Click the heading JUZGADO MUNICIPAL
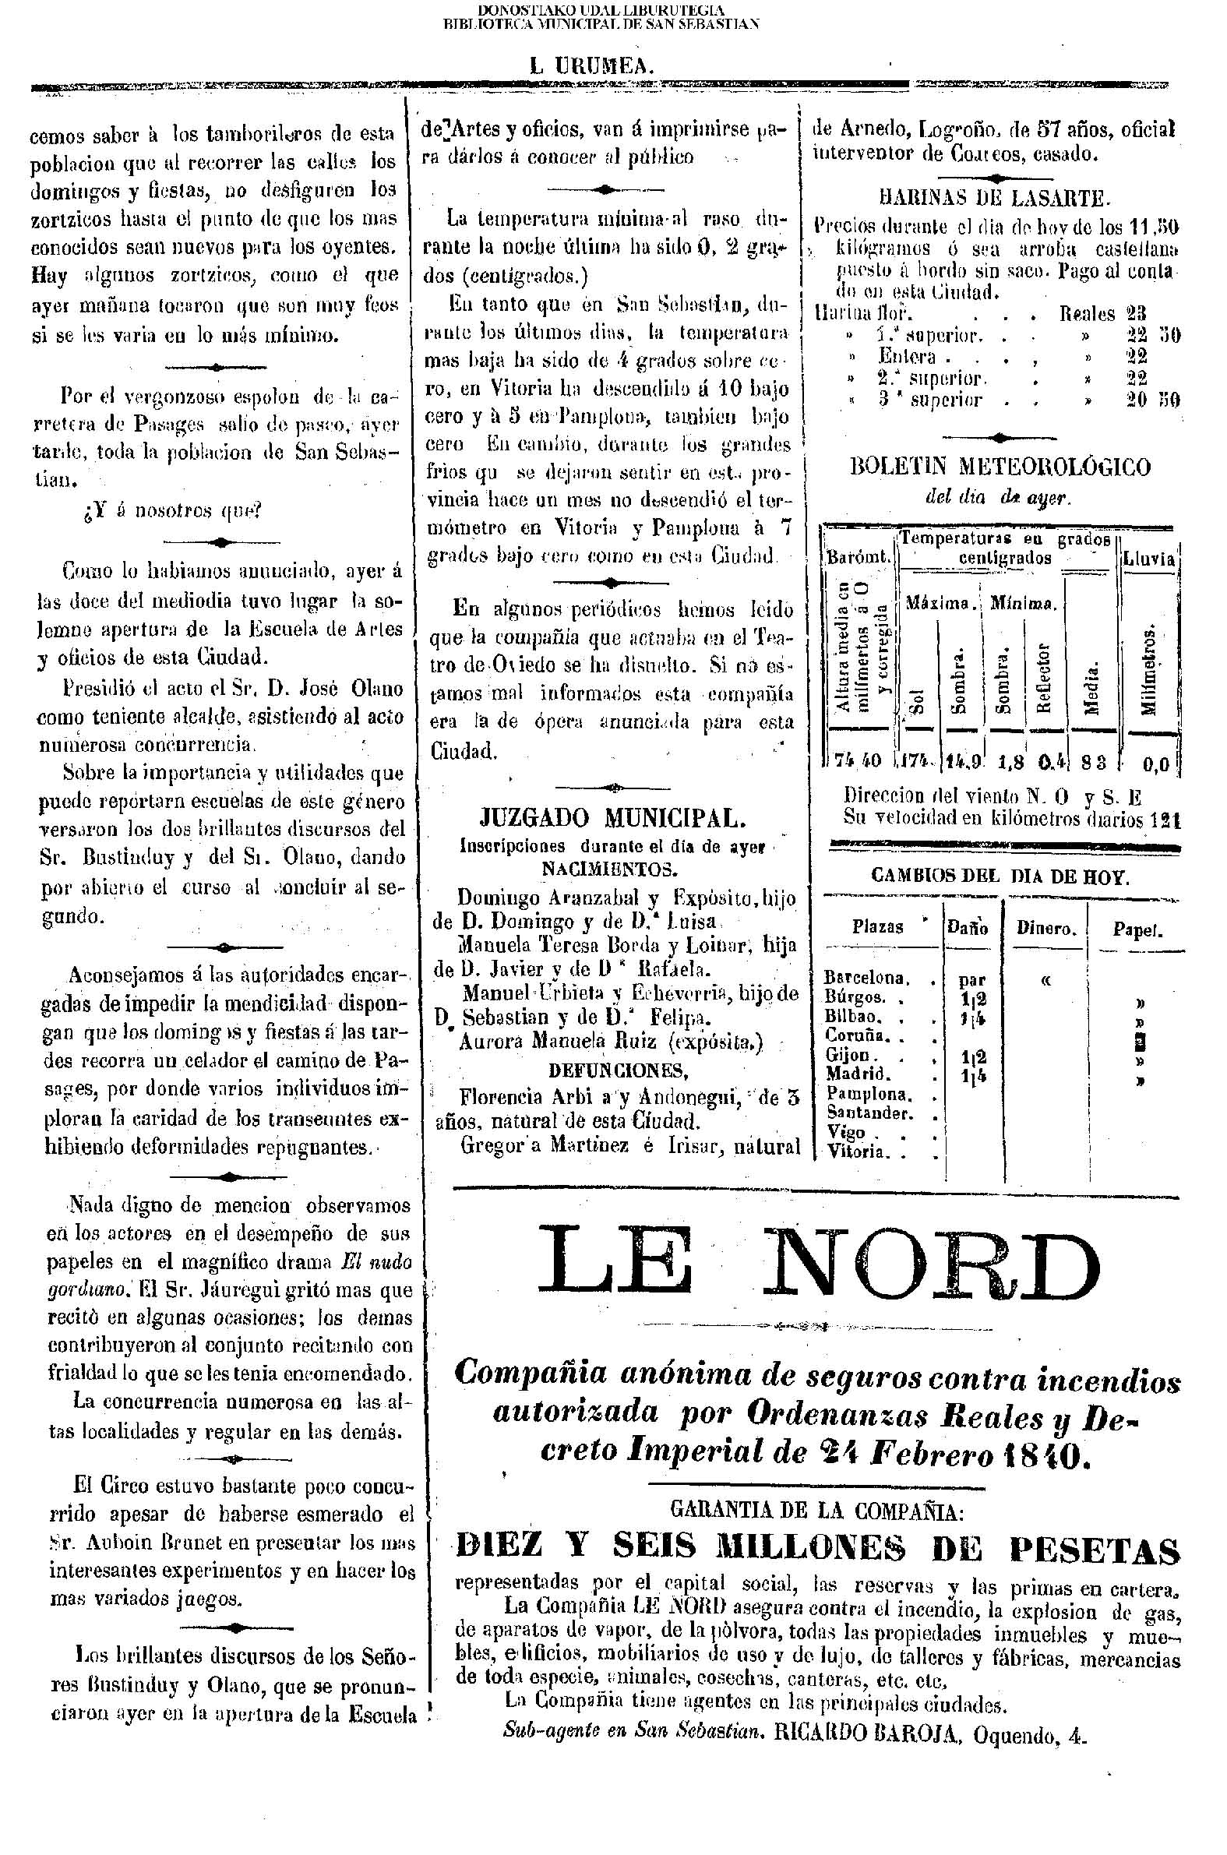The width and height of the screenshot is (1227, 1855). [x=612, y=818]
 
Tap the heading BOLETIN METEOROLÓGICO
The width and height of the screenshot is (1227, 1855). [x=1000, y=467]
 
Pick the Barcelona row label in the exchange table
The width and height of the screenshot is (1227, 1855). [x=866, y=978]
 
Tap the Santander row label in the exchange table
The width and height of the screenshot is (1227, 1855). [x=869, y=1113]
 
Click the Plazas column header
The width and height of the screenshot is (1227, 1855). [x=877, y=927]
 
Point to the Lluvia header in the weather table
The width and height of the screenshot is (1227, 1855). [x=1149, y=559]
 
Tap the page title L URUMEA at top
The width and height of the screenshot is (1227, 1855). [x=591, y=67]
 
